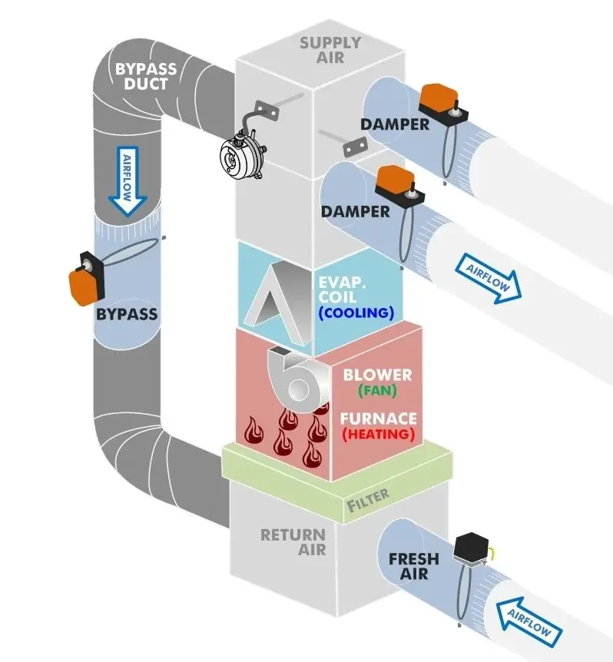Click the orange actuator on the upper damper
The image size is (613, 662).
coord(439,98)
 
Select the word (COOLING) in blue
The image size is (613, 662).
coord(356,313)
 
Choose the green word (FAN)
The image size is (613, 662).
coord(378,391)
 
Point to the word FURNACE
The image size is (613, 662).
coord(379,419)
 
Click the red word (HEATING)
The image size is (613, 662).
coord(378,434)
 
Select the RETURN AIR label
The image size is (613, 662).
coord(293,541)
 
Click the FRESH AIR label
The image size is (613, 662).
coord(413,566)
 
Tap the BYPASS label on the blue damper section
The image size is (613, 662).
coord(127,313)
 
